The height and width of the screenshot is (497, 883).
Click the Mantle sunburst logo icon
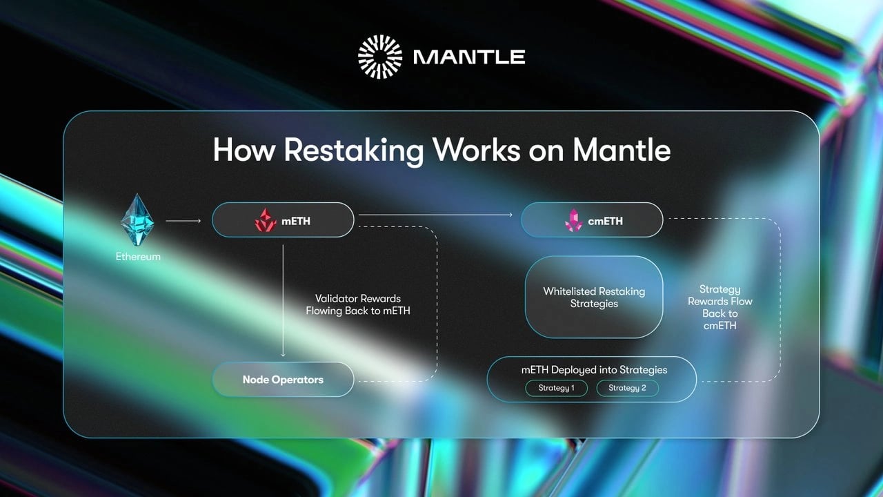(x=379, y=57)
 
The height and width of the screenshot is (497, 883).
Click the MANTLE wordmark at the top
(x=469, y=57)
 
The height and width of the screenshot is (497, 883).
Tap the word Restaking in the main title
(x=354, y=150)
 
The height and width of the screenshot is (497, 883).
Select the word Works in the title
(x=475, y=150)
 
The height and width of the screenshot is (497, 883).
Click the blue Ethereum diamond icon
(x=138, y=220)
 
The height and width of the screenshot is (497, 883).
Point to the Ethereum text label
(x=138, y=257)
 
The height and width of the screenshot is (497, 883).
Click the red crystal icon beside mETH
(x=266, y=220)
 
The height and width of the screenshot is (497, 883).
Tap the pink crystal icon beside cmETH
(x=574, y=220)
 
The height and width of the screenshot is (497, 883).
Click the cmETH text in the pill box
(x=605, y=221)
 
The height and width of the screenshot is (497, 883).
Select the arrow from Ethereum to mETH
(x=183, y=221)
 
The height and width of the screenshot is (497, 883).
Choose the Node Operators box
(x=283, y=380)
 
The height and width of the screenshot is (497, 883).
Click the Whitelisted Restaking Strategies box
(x=594, y=297)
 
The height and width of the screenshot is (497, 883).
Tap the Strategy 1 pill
(x=556, y=388)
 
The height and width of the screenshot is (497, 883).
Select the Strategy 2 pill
(x=627, y=388)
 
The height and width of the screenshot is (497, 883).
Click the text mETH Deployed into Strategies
(x=594, y=370)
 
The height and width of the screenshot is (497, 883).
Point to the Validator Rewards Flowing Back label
(x=358, y=304)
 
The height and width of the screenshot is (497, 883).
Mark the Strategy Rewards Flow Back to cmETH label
(x=720, y=307)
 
